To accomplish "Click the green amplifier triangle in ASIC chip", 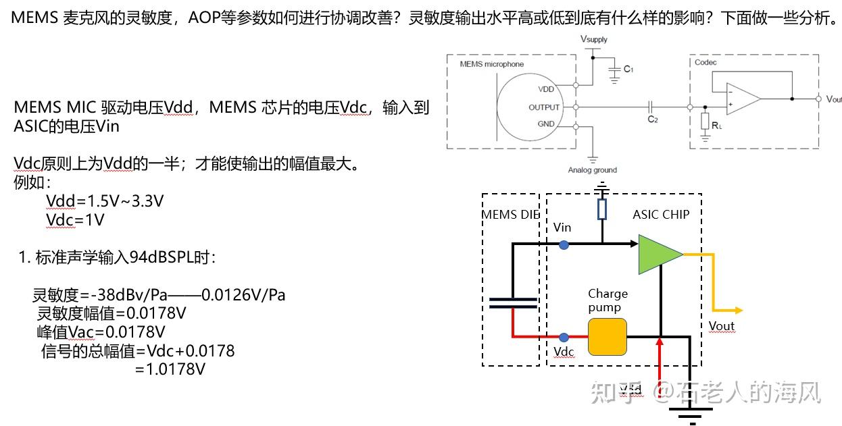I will (x=659, y=254).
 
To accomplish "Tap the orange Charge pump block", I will (x=607, y=336).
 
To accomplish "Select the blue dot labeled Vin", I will (x=563, y=245).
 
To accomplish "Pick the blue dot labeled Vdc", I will (x=563, y=336).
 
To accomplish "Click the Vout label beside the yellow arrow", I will (x=721, y=326).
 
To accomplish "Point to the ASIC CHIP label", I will (x=661, y=215).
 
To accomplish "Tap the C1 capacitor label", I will (x=628, y=69).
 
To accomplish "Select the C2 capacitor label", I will (x=652, y=119).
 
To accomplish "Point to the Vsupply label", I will (x=594, y=40).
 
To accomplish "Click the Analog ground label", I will (x=593, y=170).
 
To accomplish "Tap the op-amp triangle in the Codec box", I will (x=743, y=97).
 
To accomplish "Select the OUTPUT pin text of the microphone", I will (x=544, y=107).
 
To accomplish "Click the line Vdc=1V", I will (x=75, y=219).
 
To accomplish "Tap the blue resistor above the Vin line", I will (x=602, y=210).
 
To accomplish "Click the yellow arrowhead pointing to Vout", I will (x=738, y=310).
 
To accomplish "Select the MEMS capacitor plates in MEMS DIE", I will (x=513, y=302).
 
